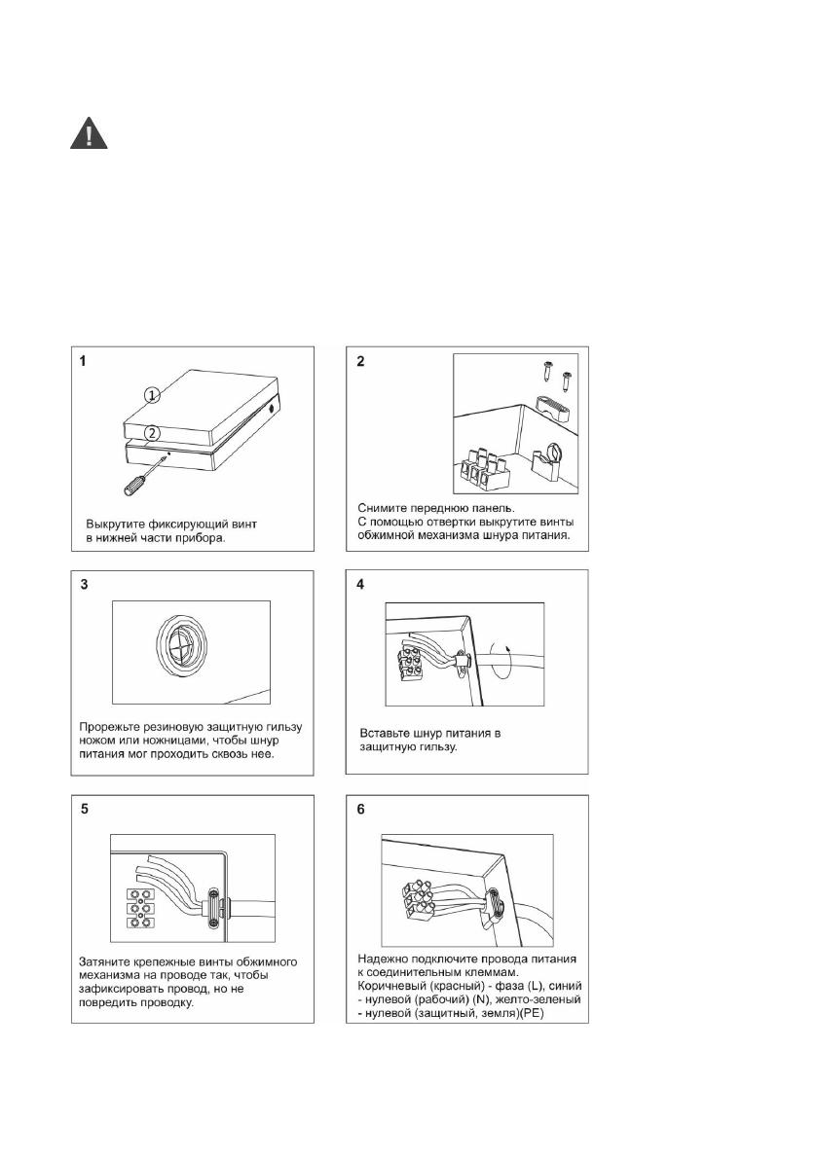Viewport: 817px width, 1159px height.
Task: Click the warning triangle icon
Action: pyautogui.click(x=89, y=132)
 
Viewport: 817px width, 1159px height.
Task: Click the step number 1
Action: pyautogui.click(x=85, y=361)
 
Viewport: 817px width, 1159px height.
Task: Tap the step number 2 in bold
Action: pyautogui.click(x=361, y=362)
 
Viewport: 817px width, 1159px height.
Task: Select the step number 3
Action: pyautogui.click(x=85, y=586)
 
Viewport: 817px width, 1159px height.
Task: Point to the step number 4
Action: pyautogui.click(x=361, y=586)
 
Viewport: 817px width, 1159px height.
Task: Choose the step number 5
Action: pyautogui.click(x=85, y=811)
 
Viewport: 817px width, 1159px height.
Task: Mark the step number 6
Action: pyautogui.click(x=361, y=811)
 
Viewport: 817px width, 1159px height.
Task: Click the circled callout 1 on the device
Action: pyautogui.click(x=151, y=395)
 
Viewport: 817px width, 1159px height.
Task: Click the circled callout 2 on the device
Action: pyautogui.click(x=151, y=432)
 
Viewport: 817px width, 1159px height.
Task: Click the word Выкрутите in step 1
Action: pyautogui.click(x=113, y=525)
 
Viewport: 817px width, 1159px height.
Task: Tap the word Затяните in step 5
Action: pyautogui.click(x=108, y=961)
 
